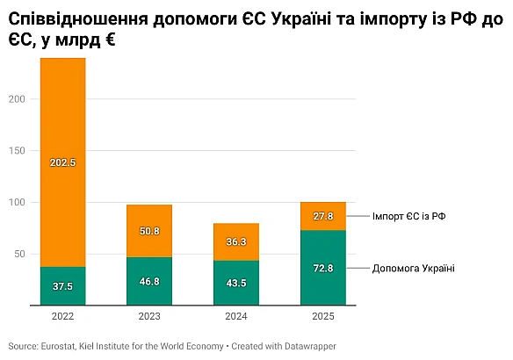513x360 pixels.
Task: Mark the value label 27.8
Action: [x=322, y=216]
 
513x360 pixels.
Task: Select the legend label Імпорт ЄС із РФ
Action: [x=409, y=216]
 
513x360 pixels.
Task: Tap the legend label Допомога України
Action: [x=413, y=268]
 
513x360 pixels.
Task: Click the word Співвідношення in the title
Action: [x=70, y=18]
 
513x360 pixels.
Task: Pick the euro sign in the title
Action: [x=110, y=40]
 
